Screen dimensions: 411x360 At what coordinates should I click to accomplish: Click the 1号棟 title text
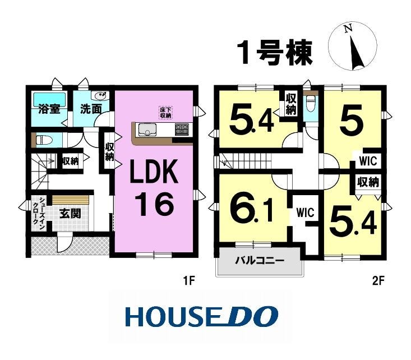click(274, 53)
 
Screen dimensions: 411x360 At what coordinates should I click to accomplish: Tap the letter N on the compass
click(348, 29)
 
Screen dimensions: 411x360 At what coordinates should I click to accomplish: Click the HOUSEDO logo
click(202, 316)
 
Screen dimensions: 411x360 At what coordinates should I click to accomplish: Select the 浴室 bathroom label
click(49, 109)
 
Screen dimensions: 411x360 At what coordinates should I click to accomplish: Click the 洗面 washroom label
click(91, 109)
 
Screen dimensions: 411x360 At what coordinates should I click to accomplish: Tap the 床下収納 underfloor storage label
click(165, 112)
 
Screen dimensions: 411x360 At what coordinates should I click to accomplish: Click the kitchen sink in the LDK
click(147, 130)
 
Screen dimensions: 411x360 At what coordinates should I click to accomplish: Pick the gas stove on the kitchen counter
click(182, 130)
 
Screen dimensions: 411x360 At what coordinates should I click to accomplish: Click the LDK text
click(154, 172)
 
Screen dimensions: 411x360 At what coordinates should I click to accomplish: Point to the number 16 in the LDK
click(154, 204)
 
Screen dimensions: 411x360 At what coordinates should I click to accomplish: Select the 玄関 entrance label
click(70, 214)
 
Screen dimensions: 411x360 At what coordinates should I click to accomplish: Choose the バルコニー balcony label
click(259, 261)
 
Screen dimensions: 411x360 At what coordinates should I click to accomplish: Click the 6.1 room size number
click(251, 209)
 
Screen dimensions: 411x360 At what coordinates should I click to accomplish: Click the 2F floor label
click(378, 281)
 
